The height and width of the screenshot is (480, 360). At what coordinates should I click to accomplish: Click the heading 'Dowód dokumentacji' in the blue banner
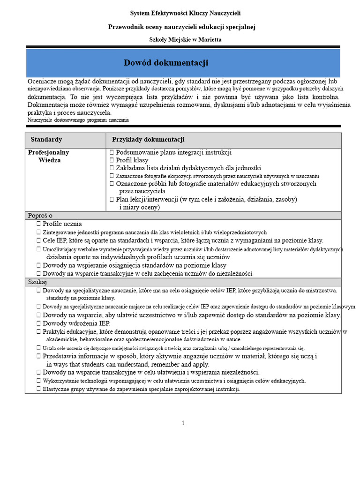pos(166,63)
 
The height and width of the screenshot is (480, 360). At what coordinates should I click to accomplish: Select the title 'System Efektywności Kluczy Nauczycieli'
pos(185,14)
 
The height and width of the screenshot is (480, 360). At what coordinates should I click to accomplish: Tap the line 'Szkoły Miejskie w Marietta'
pos(185,40)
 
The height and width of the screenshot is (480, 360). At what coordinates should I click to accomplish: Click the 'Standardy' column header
pos(46,140)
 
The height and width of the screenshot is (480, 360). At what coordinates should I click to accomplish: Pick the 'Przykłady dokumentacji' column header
pos(148,140)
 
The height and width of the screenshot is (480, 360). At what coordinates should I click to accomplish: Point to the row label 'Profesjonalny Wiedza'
pos(49,156)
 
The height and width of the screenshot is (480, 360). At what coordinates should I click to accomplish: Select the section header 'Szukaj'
pos(37,281)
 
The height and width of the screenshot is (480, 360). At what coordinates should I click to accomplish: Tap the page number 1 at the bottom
pos(183,423)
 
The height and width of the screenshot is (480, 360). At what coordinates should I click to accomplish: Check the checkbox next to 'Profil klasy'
pos(112,160)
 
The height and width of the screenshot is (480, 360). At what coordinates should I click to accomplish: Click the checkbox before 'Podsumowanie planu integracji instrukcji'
pos(112,152)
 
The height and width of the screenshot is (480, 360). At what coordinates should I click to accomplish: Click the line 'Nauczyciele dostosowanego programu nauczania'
pos(78,120)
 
